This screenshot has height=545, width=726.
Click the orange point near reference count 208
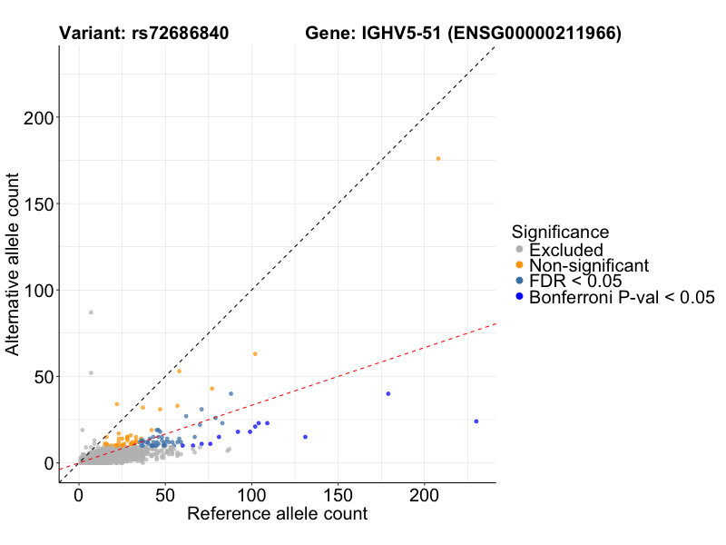(x=438, y=159)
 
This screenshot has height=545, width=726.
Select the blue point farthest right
(x=476, y=421)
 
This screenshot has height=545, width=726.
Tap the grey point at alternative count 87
(x=91, y=312)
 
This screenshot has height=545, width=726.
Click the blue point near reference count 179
(x=388, y=393)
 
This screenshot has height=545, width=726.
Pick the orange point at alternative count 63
(x=255, y=353)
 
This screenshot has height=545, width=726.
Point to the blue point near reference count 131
(x=305, y=437)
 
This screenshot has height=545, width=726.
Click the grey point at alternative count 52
(x=91, y=372)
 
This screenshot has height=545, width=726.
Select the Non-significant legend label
(x=589, y=265)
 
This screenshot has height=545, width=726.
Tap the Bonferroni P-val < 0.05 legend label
(x=623, y=296)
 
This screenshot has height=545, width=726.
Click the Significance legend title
(x=560, y=232)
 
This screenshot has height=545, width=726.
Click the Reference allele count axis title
(x=277, y=514)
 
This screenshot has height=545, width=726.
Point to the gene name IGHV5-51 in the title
(x=401, y=34)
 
